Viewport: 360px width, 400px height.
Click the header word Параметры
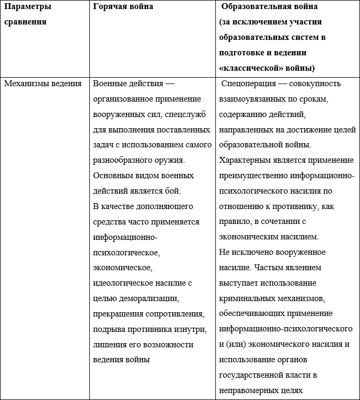pos(28,7)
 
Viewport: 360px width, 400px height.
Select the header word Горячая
pos(111,7)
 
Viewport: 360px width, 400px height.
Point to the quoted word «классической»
pos(250,68)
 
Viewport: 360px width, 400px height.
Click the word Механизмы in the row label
pos(24,84)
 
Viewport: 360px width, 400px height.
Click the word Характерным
pos(245,160)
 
